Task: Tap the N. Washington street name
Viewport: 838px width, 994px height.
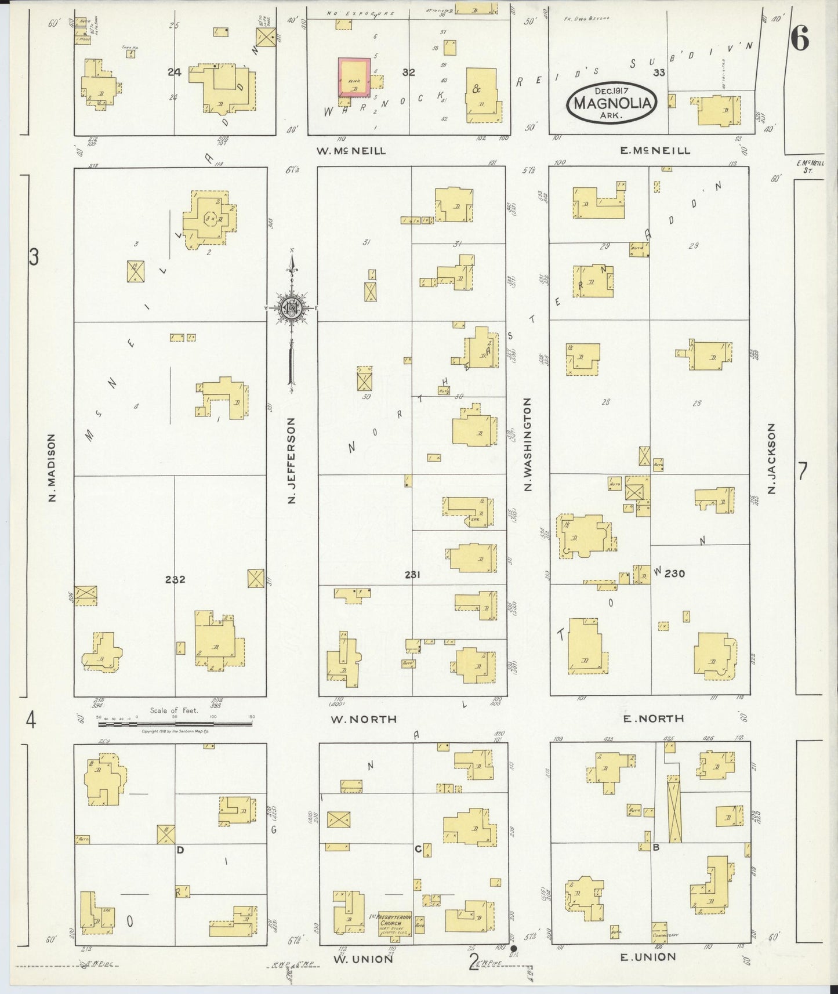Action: [528, 445]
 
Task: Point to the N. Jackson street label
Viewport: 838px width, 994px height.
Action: [771, 459]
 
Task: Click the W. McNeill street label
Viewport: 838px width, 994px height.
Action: [350, 151]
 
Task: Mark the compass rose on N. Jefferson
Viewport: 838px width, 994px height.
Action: [291, 308]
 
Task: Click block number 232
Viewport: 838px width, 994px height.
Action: [175, 579]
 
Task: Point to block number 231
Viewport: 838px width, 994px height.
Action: [412, 575]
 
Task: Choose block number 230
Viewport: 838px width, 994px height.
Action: [674, 574]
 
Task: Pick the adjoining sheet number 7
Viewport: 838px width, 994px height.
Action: [802, 472]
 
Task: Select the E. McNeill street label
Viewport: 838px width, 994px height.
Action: [655, 151]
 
